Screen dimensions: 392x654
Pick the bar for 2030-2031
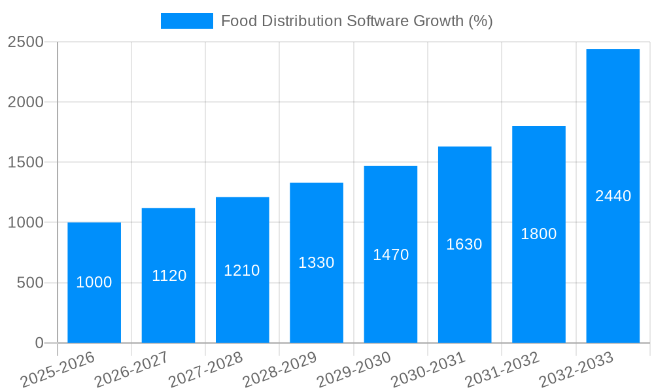coord(464,294)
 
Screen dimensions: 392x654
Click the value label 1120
coord(169,276)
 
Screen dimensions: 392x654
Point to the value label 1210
coord(242,270)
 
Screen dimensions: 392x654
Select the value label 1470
coord(390,255)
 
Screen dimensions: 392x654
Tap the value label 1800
coord(538,234)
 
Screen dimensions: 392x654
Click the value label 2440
coord(613,196)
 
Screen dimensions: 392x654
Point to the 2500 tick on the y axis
coord(26,42)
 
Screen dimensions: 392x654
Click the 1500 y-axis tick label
coord(26,163)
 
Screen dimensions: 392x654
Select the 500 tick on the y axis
coord(30,283)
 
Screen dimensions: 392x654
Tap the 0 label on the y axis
coord(39,343)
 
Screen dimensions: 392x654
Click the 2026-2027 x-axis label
coord(131,370)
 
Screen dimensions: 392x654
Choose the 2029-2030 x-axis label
coord(354,370)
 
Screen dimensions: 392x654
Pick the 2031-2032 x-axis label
coord(502,370)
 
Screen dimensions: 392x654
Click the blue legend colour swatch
coord(186,21)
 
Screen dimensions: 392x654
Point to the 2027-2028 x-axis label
coord(205,370)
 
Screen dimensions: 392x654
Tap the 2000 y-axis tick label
coord(26,103)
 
